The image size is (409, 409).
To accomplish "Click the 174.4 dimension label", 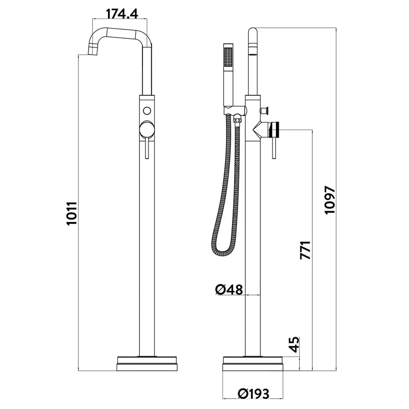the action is coord(122,14).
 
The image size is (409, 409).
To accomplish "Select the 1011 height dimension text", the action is coord(72,213).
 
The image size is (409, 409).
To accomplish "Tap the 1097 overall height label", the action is coord(330,200).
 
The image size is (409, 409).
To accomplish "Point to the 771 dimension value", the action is coord(306,250).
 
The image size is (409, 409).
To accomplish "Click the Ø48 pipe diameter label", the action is coord(229,290).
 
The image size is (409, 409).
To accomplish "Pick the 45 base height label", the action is coord(294,344).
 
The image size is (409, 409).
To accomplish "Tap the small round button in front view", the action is coord(147,111).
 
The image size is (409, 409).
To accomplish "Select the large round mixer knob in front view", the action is coord(147,130).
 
